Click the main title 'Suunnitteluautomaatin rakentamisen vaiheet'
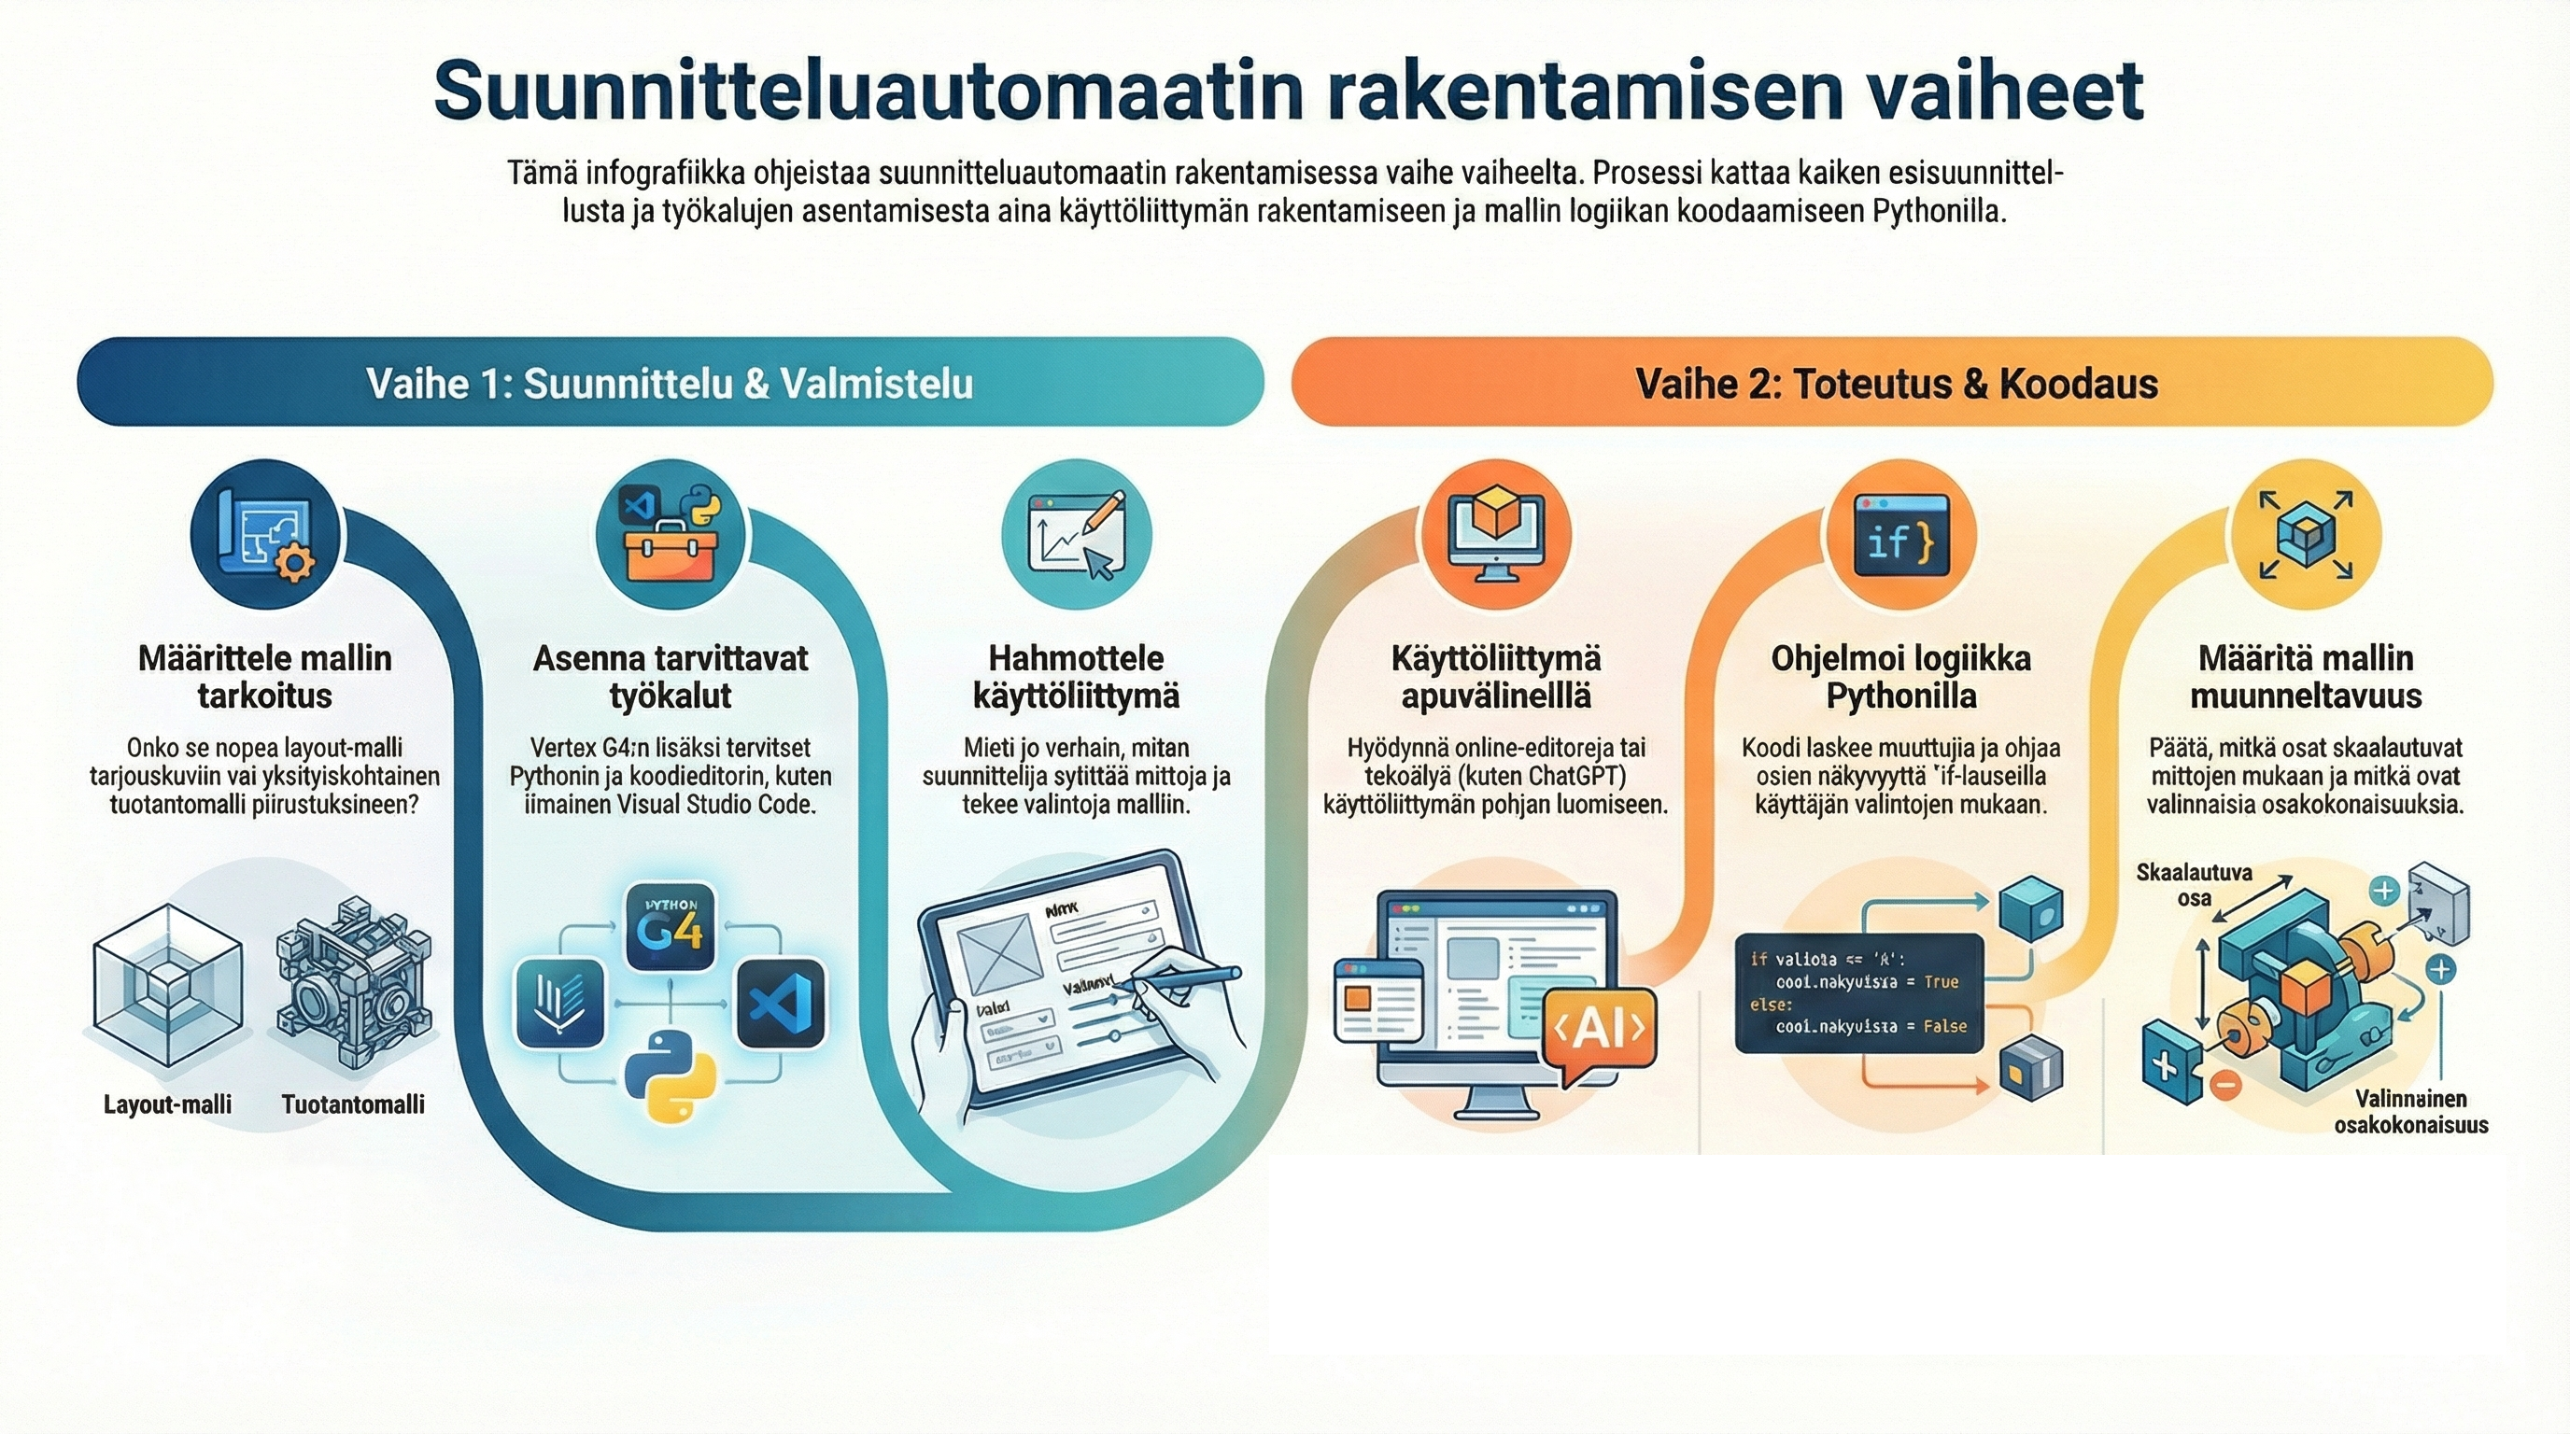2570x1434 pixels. coord(1288,91)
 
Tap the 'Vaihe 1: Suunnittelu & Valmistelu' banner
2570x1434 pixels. coord(670,383)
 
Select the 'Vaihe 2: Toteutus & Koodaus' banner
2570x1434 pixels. coord(1896,383)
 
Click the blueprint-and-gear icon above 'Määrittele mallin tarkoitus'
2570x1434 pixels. coord(265,536)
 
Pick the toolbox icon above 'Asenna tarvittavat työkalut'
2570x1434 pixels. coord(671,536)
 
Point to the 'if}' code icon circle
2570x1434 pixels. coord(1899,536)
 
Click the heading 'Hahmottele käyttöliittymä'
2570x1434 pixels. coord(1076,676)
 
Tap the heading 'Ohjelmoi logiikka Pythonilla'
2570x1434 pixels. coord(1900,676)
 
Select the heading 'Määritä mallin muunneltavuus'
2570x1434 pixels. coord(2306,676)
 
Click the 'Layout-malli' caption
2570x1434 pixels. coord(167,1104)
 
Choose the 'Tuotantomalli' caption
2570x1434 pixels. coord(353,1104)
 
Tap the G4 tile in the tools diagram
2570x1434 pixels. coord(671,927)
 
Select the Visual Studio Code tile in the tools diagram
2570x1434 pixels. coord(780,1004)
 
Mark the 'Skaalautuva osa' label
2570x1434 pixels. coord(2193,884)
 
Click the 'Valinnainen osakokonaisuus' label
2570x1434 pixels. coord(2410,1112)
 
